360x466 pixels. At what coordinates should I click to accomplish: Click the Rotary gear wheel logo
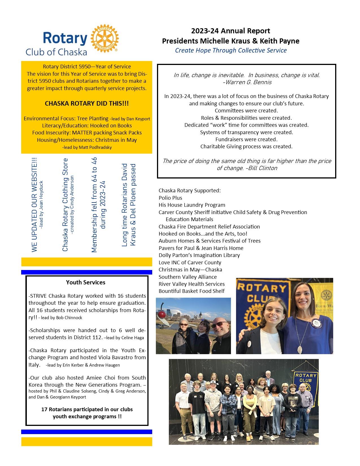104,39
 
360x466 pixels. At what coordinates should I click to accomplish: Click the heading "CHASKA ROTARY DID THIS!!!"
87,103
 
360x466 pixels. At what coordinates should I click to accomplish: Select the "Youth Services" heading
86,282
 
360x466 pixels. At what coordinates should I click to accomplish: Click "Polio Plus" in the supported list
170,198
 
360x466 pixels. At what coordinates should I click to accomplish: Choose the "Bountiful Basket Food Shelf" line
191,291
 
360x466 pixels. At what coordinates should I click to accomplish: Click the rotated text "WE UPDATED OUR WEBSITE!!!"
34,204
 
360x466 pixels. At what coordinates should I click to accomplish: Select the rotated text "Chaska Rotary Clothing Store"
65,204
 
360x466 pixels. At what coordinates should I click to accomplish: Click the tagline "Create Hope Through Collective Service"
231,50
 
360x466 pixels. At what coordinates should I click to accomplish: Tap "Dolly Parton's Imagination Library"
199,255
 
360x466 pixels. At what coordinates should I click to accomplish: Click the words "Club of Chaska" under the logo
56,52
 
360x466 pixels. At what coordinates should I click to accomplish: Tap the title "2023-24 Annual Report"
230,31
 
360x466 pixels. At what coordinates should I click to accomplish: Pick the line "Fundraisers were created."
246,139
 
